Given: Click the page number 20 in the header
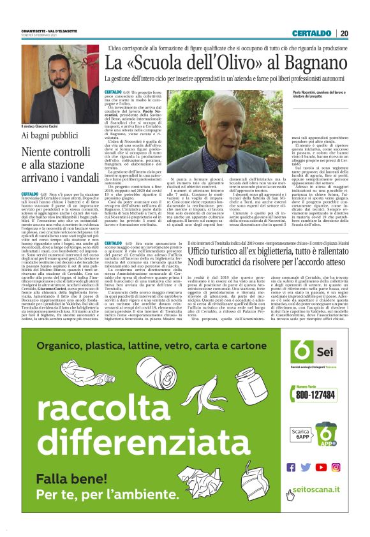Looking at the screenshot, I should click(x=344, y=33).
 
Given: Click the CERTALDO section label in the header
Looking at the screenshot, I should click(x=313, y=33).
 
